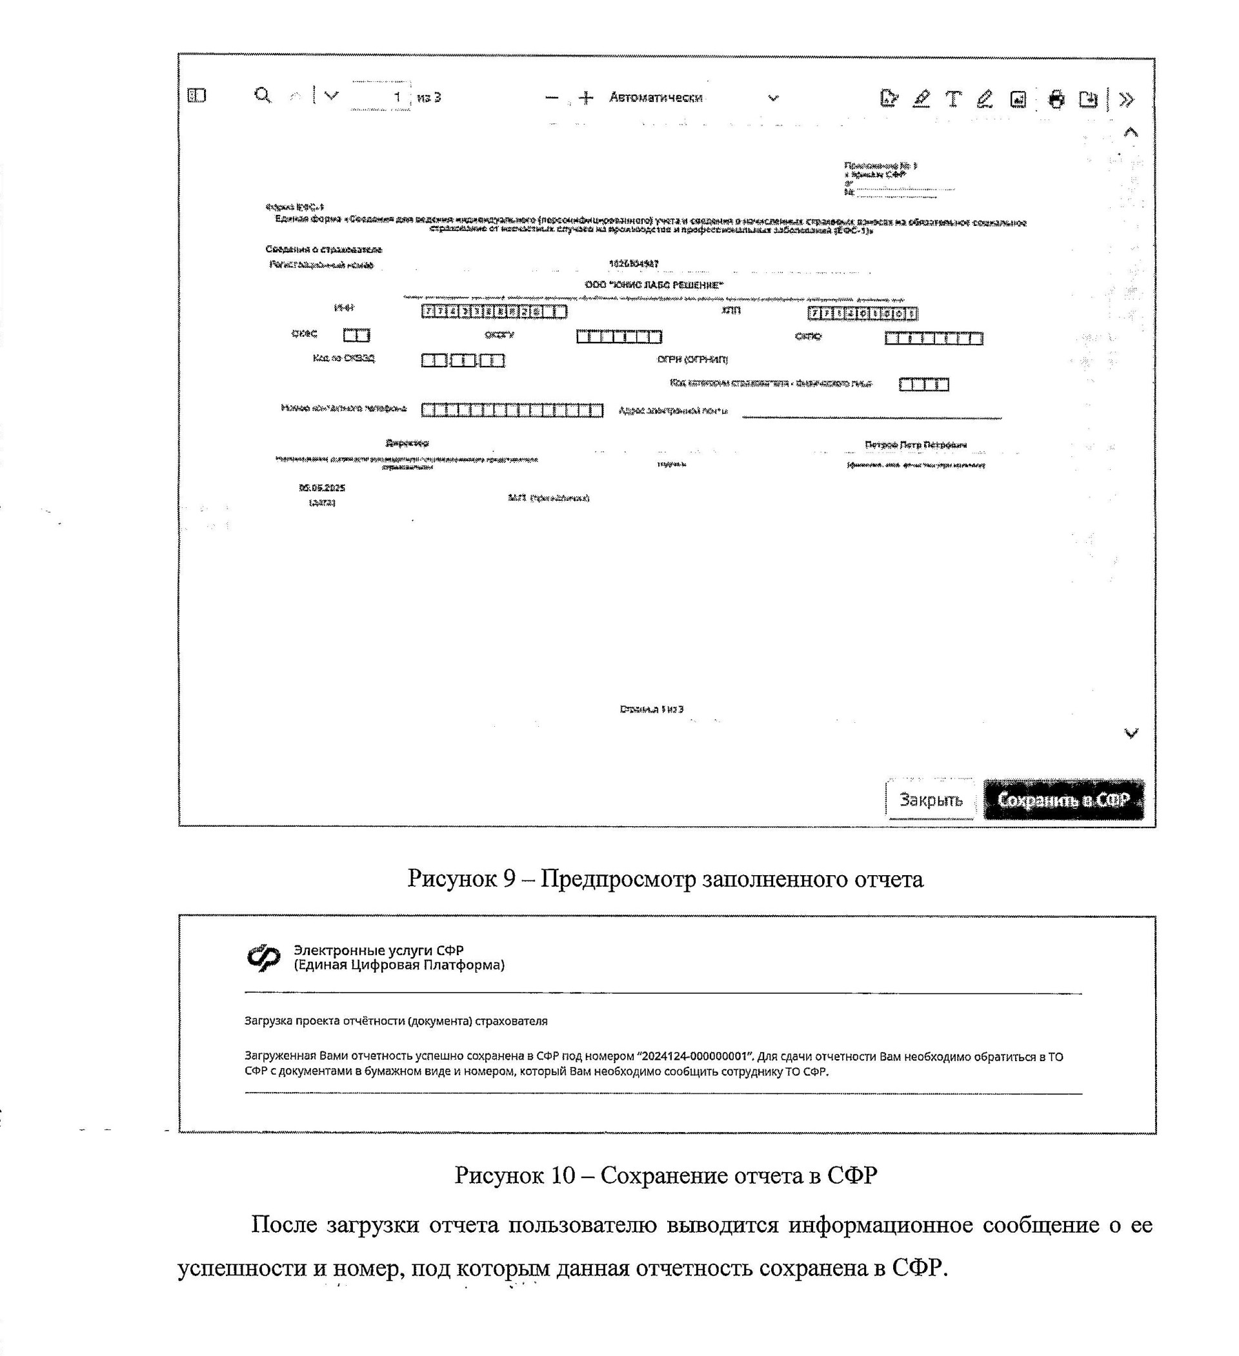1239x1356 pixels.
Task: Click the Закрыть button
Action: coord(931,800)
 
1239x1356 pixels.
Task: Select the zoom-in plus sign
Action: coord(586,98)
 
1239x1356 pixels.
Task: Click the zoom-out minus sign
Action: coord(552,98)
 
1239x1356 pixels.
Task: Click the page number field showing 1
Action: coord(381,96)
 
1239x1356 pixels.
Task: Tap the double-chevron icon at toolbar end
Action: coord(1126,99)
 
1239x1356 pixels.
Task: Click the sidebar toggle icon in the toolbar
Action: coord(196,96)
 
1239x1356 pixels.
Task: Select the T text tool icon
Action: coord(952,99)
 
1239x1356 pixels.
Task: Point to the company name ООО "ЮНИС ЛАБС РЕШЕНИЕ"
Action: coord(654,285)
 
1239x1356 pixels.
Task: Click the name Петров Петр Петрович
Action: coord(916,445)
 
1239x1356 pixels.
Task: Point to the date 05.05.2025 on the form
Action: coord(322,488)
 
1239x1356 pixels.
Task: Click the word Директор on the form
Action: coord(407,443)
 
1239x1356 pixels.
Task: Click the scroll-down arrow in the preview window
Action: coord(1131,733)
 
